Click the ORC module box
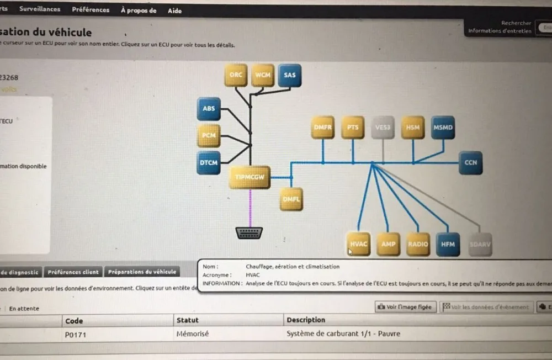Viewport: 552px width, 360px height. click(x=236, y=75)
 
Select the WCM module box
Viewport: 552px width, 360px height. click(x=263, y=75)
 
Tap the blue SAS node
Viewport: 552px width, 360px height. click(x=290, y=75)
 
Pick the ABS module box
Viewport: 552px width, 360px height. click(x=209, y=109)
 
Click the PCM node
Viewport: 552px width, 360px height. click(x=209, y=135)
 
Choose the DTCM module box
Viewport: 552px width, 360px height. click(x=209, y=163)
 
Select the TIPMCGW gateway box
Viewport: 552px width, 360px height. click(x=250, y=177)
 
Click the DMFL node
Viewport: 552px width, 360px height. click(x=291, y=199)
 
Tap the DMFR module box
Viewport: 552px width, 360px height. click(x=323, y=128)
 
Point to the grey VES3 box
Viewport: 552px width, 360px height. click(x=383, y=128)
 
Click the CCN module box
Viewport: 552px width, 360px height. click(x=470, y=163)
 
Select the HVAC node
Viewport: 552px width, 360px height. click(x=359, y=244)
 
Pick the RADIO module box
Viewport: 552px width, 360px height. click(x=418, y=244)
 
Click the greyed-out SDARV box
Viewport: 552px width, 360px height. click(x=480, y=244)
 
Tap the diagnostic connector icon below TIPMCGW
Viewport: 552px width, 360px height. click(x=249, y=233)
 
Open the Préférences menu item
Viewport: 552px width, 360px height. click(x=91, y=9)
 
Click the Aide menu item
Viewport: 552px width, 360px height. click(x=174, y=10)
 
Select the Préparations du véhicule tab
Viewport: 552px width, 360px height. click(x=142, y=272)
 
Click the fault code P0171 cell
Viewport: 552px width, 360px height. click(x=76, y=334)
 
